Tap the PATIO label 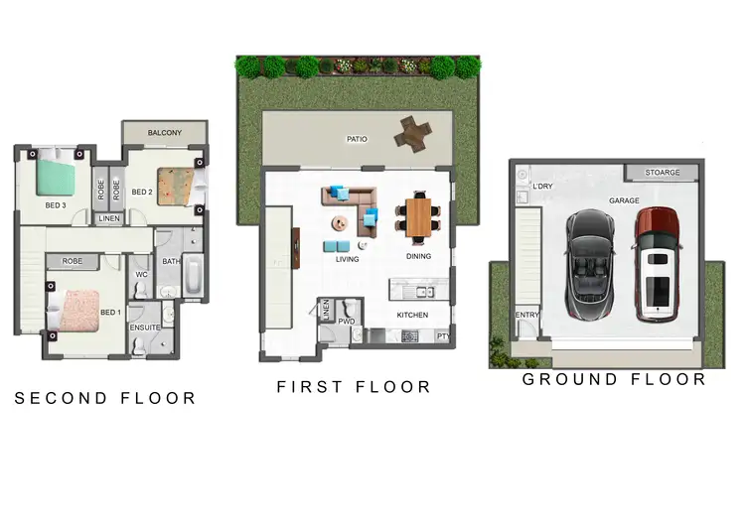point(357,139)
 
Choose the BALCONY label point(164,132)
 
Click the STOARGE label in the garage point(663,173)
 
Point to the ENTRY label point(526,316)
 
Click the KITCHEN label point(412,315)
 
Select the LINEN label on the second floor point(109,218)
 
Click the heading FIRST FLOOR point(354,387)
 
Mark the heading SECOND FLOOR point(104,398)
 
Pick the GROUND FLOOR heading point(614,379)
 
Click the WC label point(141,274)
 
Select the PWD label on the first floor point(347,322)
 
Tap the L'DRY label point(542,187)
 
